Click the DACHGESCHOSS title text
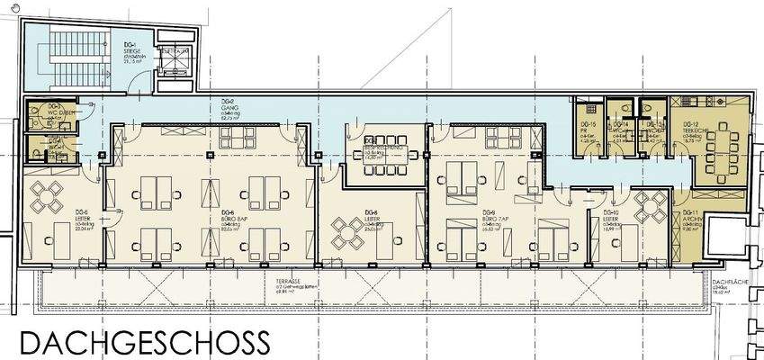pyautogui.click(x=144, y=342)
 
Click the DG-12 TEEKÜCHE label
pyautogui.click(x=715, y=132)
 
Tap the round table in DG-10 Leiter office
pyautogui.click(x=649, y=206)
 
